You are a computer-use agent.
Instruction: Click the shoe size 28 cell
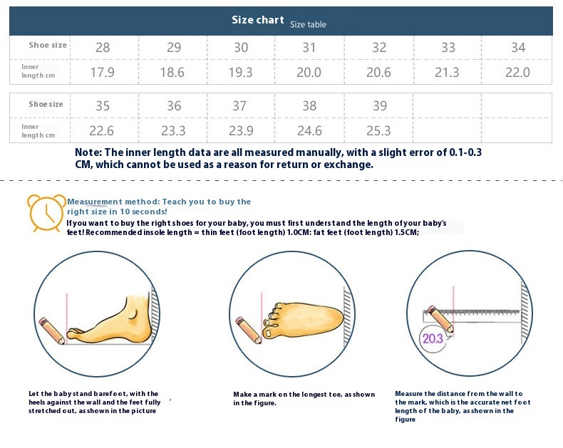[103, 48]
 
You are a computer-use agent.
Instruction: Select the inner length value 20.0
[309, 73]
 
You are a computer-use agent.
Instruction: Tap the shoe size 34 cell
[518, 48]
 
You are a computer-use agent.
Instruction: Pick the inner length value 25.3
[378, 130]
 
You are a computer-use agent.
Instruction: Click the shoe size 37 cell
[239, 106]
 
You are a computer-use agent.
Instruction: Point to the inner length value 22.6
[102, 130]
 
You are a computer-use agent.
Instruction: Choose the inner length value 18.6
[172, 73]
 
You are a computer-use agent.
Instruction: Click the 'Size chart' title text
[257, 20]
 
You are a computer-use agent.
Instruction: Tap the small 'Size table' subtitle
[308, 24]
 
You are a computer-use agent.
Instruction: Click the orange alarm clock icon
[46, 212]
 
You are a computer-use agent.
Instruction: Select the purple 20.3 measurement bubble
[433, 338]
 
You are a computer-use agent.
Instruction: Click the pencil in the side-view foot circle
[52, 330]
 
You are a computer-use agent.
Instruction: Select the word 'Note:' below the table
[88, 152]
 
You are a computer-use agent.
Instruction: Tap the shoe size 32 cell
[379, 48]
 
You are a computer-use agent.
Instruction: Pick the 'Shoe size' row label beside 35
[46, 104]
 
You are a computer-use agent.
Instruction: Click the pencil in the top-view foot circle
[249, 330]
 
